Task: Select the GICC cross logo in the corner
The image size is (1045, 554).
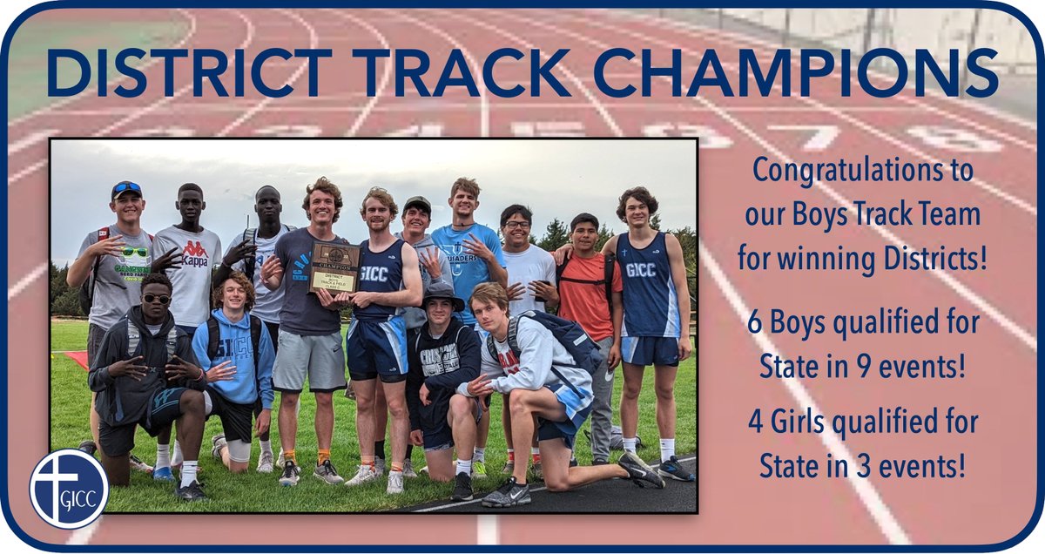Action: click(x=69, y=489)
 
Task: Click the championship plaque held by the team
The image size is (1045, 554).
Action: click(x=334, y=267)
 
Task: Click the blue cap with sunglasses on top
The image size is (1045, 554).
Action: click(x=127, y=189)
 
